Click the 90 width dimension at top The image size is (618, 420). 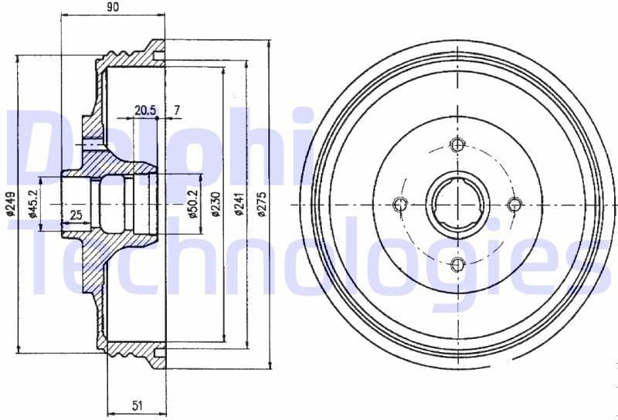point(112,8)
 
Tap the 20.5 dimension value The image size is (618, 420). point(144,110)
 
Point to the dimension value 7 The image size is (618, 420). point(177,110)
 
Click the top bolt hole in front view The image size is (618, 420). point(457,144)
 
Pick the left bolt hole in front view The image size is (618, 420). point(399,205)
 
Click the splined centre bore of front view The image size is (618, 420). point(457,205)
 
